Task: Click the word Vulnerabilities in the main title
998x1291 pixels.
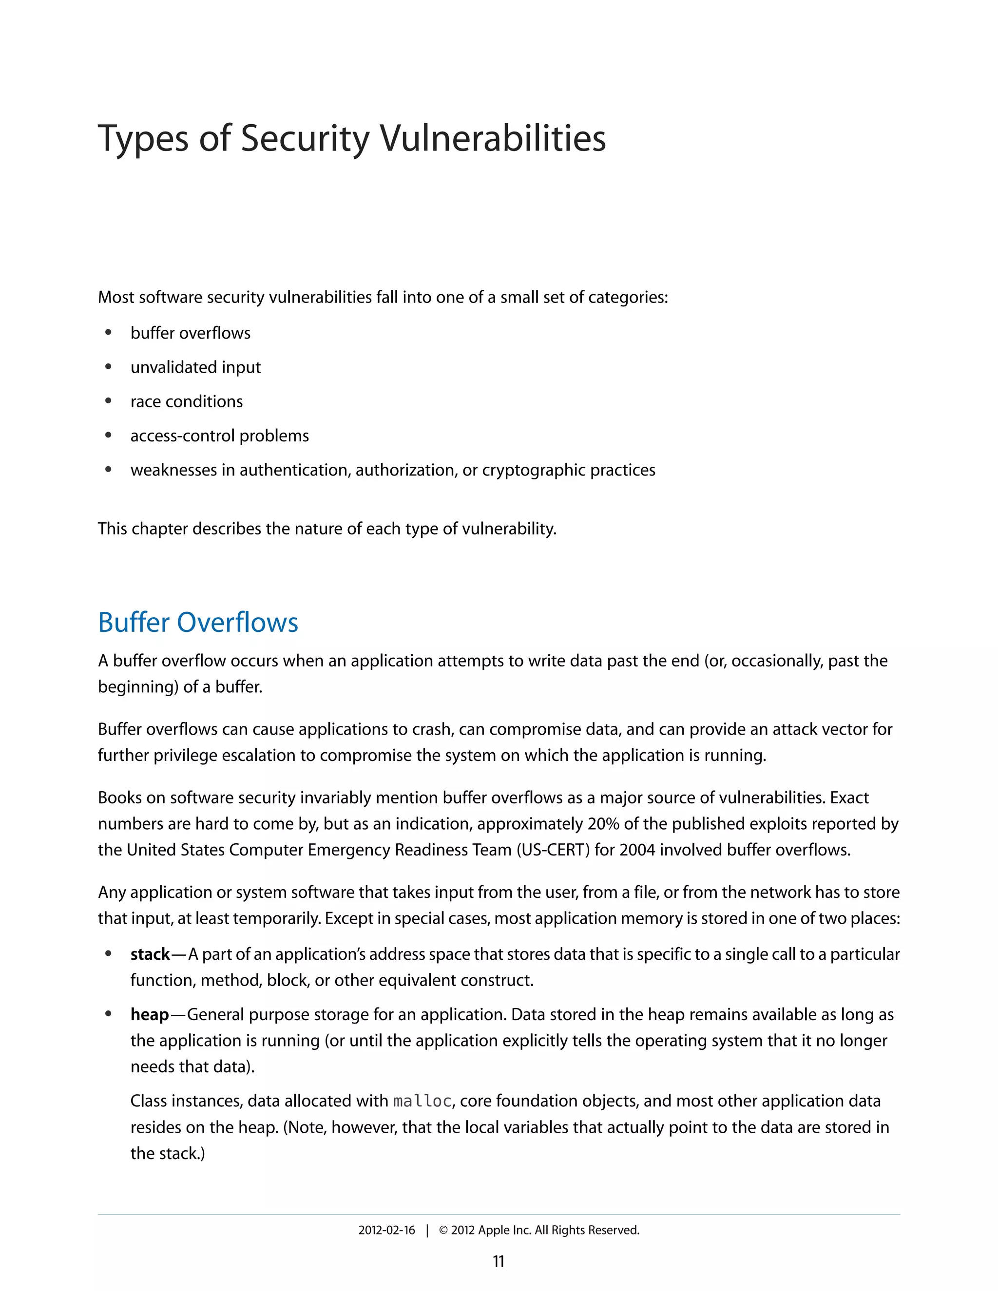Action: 492,138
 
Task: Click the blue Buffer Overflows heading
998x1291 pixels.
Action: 198,623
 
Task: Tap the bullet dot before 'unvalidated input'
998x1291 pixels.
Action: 108,367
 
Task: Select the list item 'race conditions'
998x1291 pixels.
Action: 186,401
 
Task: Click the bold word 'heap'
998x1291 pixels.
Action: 150,1014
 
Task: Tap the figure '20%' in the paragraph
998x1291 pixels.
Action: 603,823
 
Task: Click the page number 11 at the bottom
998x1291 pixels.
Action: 499,1261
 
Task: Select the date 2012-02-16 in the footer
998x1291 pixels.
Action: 386,1230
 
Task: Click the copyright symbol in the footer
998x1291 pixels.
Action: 443,1230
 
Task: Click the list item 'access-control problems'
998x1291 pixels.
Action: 219,436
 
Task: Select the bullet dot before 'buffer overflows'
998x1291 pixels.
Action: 108,333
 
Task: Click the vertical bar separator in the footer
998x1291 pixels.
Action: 427,1230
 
